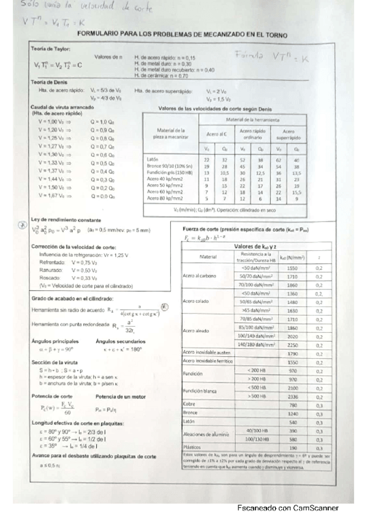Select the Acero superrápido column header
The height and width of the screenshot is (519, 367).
(x=288, y=133)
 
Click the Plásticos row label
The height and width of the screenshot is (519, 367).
(x=193, y=448)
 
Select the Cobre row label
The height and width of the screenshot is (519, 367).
(x=189, y=404)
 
